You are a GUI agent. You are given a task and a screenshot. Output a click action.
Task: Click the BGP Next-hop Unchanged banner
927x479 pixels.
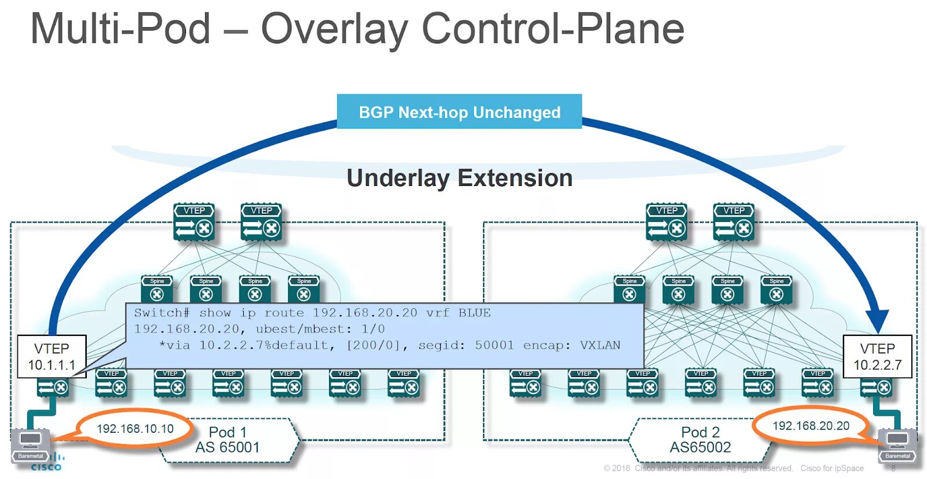[459, 112]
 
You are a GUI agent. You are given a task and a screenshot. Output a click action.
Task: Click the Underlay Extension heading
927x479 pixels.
[459, 178]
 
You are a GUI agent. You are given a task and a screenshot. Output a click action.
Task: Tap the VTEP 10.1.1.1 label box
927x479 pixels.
[52, 356]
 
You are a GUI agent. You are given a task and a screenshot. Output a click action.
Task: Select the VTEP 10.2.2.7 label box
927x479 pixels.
[877, 356]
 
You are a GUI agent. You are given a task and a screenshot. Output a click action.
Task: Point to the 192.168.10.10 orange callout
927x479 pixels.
[135, 429]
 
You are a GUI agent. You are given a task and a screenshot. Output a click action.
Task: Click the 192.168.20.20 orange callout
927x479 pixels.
[811, 426]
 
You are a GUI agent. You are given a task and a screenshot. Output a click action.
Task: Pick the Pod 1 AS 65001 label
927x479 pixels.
[228, 440]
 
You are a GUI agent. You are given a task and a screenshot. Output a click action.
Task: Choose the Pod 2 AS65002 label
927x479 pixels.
[700, 440]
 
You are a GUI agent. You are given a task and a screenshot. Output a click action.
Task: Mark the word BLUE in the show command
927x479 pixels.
[475, 313]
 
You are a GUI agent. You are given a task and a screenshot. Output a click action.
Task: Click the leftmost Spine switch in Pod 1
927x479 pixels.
[157, 289]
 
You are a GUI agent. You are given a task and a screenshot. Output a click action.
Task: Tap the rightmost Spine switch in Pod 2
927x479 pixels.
[776, 289]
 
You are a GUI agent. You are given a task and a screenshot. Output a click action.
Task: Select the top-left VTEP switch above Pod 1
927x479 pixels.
[194, 222]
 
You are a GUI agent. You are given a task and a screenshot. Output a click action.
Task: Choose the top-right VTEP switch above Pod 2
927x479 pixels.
[734, 222]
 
